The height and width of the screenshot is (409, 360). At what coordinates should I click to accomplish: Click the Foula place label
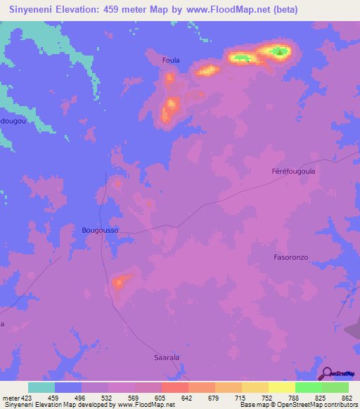(x=171, y=60)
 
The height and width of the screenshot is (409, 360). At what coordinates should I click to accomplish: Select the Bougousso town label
(x=100, y=230)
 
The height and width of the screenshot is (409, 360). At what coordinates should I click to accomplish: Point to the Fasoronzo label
(x=291, y=257)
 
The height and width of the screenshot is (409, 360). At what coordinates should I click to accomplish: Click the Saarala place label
(x=167, y=358)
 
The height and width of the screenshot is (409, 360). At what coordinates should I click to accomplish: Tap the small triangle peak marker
(x=280, y=51)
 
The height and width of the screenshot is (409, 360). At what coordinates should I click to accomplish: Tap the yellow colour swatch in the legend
(x=282, y=387)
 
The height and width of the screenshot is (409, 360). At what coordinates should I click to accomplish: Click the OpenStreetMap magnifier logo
(x=326, y=373)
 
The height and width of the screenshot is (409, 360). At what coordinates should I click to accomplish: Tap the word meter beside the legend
(x=11, y=398)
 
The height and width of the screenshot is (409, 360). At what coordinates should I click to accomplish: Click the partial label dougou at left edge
(x=13, y=121)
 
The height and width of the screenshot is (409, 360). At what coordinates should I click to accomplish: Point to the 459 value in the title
(x=122, y=10)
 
